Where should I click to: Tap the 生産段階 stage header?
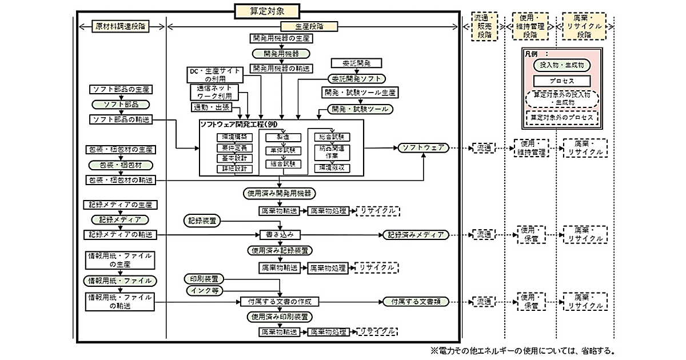pyautogui.click(x=309, y=26)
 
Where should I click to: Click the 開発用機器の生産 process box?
pyautogui.click(x=281, y=38)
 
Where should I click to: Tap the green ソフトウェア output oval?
pyautogui.click(x=424, y=147)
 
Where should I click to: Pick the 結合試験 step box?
pyautogui.click(x=280, y=164)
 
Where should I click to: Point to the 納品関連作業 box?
pyautogui.click(x=332, y=151)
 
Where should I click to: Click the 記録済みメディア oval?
pyautogui.click(x=416, y=234)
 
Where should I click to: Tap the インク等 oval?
pyautogui.click(x=205, y=291)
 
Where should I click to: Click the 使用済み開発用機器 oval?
pyautogui.click(x=280, y=193)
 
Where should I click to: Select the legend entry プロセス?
pyautogui.click(x=563, y=81)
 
